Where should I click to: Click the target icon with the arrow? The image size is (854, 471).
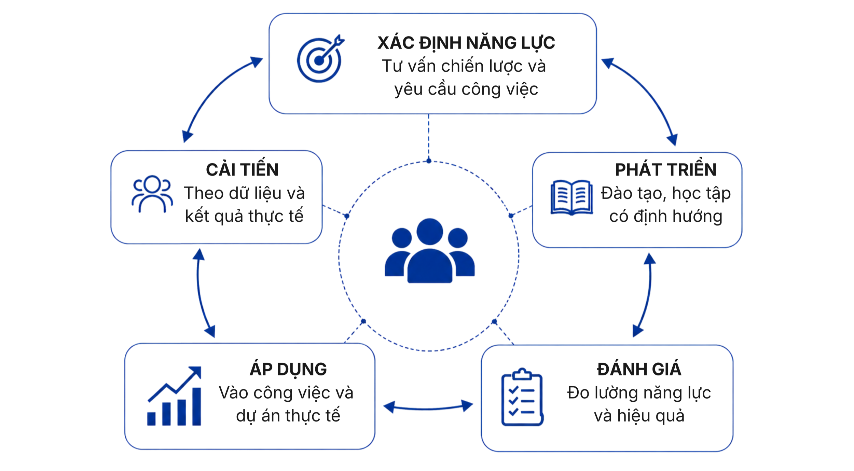[x=320, y=59]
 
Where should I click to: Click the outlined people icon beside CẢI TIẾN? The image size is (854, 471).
[x=152, y=194]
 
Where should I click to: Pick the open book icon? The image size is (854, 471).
[x=572, y=197]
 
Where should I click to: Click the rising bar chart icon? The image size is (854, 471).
[x=174, y=396]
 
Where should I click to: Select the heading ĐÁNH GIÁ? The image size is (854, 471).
[x=639, y=369]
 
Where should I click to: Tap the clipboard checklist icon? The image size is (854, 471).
[x=522, y=397]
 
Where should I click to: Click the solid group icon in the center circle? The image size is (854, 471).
[x=430, y=251]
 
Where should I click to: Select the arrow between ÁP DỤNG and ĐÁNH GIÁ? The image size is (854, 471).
[x=428, y=408]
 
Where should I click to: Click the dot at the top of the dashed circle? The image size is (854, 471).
[x=429, y=161]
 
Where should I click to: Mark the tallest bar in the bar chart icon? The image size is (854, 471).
[x=197, y=406]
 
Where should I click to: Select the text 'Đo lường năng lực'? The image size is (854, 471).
[x=639, y=393]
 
